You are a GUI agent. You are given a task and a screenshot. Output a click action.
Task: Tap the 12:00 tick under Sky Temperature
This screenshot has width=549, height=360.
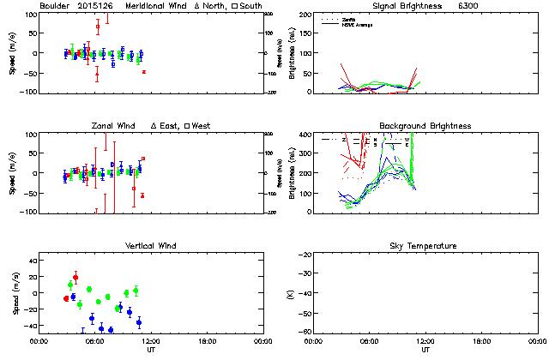425,340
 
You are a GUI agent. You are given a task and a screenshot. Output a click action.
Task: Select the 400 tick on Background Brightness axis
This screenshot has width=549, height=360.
302,135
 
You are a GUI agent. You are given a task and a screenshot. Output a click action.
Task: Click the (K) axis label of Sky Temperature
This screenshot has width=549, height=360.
287,293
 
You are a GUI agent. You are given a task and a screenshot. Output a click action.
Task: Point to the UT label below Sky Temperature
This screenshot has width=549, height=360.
425,350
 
